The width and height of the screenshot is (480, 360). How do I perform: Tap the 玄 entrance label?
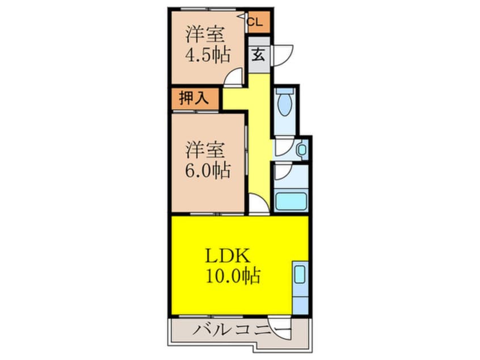(258, 55)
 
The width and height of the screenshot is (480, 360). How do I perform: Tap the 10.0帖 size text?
(233, 276)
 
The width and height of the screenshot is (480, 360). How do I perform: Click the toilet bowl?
(284, 104)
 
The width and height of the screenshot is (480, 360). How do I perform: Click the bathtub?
(290, 202)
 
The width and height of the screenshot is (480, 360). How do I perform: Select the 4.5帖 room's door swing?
(234, 78)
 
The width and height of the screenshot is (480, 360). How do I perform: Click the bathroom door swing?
(283, 171)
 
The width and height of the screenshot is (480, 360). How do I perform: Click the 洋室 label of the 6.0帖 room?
(207, 150)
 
